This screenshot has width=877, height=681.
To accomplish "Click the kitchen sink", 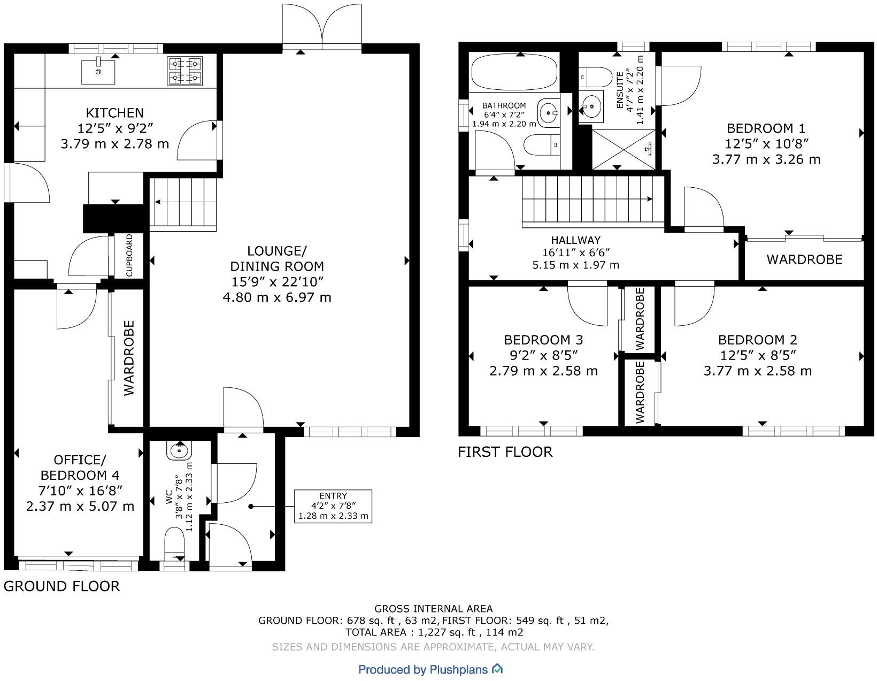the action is click(x=98, y=72).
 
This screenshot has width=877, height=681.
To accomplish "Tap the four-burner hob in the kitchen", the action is click(x=185, y=71).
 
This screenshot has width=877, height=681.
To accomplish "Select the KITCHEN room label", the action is click(x=114, y=113).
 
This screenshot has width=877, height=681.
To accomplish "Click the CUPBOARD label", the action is click(x=129, y=255).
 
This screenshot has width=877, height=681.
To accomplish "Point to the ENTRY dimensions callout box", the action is click(x=333, y=506).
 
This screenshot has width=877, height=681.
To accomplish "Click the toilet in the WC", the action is click(x=174, y=544).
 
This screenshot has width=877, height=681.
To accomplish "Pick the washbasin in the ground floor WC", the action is click(x=178, y=450).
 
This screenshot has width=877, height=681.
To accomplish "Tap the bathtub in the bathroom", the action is click(x=514, y=72).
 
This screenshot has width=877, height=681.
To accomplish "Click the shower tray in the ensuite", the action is click(x=624, y=149).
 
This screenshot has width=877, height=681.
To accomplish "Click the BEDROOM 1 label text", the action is click(x=766, y=128).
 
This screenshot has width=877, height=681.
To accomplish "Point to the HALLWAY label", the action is click(x=575, y=240).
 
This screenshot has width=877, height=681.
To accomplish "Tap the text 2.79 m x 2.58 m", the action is click(x=543, y=371).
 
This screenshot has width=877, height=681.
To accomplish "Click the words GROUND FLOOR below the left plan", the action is click(x=61, y=586).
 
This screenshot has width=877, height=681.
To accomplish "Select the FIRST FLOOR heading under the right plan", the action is click(x=505, y=452).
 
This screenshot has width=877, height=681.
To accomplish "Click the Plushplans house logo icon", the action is click(x=497, y=669).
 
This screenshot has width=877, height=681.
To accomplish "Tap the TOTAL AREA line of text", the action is click(x=434, y=632).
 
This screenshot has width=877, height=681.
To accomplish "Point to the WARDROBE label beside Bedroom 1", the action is click(x=804, y=259).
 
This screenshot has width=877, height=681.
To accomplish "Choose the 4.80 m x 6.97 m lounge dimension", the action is click(x=277, y=297).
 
